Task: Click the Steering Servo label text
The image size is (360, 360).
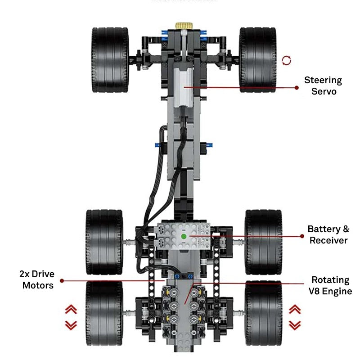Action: pyautogui.click(x=323, y=86)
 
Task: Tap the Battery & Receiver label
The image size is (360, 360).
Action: pyautogui.click(x=328, y=234)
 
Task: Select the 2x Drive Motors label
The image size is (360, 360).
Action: pyautogui.click(x=37, y=279)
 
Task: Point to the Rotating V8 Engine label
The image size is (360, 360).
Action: pyautogui.click(x=330, y=285)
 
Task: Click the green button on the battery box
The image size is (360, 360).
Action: pyautogui.click(x=184, y=236)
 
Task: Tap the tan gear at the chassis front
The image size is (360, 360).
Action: pyautogui.click(x=184, y=26)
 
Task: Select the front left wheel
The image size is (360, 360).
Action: pyautogui.click(x=110, y=60)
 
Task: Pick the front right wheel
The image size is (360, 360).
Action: pyautogui.click(x=257, y=60)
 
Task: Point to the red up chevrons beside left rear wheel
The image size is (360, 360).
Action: pyautogui.click(x=71, y=309)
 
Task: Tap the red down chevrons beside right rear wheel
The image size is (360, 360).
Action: pyautogui.click(x=295, y=324)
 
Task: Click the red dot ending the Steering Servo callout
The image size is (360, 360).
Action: pyautogui.click(x=297, y=87)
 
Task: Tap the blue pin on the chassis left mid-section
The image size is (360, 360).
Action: pyautogui.click(x=157, y=145)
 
